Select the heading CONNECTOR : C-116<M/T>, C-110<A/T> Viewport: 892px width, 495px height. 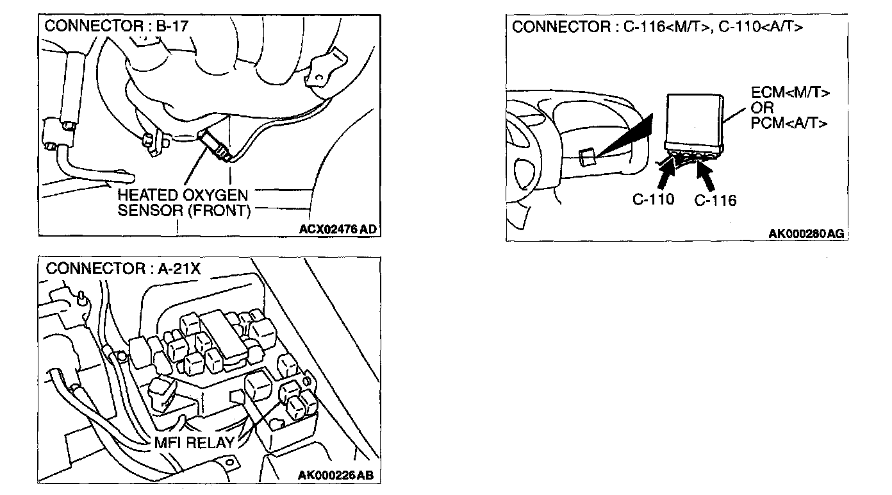pos(657,27)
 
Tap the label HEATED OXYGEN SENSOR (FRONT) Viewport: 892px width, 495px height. pos(183,203)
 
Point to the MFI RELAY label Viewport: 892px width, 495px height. pos(194,442)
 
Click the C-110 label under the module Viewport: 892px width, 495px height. pos(653,199)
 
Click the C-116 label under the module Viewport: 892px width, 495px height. pos(715,201)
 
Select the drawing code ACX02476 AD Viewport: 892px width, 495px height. pos(338,228)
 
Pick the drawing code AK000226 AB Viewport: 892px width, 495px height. pos(336,475)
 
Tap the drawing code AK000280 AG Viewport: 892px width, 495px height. pos(806,234)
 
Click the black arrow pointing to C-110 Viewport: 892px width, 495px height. pos(666,173)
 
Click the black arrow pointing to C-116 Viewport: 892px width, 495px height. pos(707,174)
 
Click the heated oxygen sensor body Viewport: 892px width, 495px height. pos(214,145)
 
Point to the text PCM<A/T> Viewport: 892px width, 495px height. pos(789,122)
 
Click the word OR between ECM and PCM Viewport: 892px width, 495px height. pos(763,108)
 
